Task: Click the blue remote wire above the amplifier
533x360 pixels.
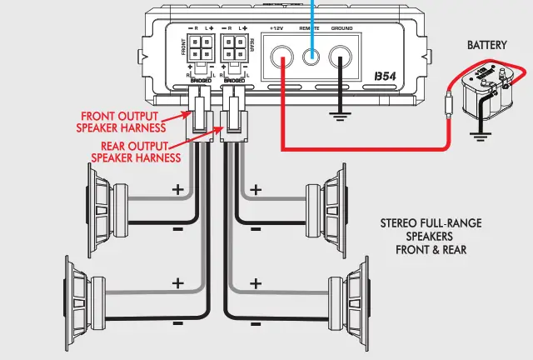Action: coord(313,12)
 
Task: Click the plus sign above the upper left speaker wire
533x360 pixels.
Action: coord(177,190)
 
